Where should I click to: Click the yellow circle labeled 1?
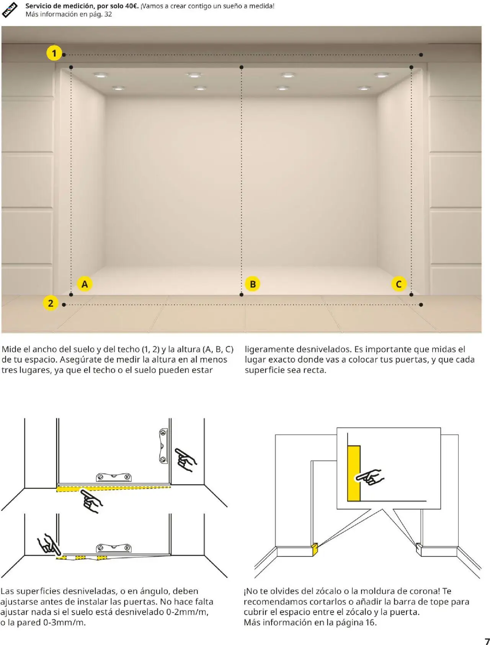[54, 53]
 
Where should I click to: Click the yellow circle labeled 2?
[51, 303]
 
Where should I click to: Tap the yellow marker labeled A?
[85, 284]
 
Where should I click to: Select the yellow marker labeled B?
[252, 284]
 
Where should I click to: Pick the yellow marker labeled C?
[399, 284]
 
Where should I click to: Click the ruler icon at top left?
[10, 10]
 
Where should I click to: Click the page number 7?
[487, 641]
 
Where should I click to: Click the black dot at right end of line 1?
[421, 55]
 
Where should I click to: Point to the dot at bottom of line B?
[241, 295]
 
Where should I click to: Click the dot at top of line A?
[71, 67]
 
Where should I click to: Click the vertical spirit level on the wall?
[163, 446]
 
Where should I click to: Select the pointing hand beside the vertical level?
[186, 459]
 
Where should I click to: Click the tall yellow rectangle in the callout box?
[354, 473]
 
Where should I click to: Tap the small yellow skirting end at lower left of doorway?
[315, 549]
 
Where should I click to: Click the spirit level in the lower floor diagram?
[114, 548]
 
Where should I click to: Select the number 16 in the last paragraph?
[370, 622]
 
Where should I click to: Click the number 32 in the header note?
[108, 14]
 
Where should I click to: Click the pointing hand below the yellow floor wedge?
[91, 502]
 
